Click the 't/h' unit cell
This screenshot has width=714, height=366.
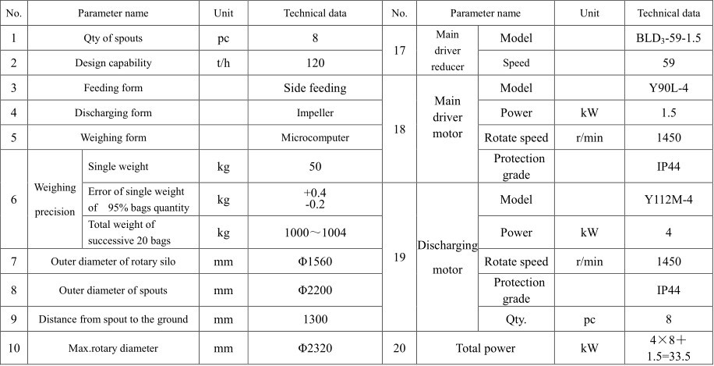click(224, 63)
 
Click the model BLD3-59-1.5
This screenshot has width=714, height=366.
click(669, 38)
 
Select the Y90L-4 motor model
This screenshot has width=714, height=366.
click(669, 88)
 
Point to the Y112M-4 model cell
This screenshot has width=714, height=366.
click(669, 199)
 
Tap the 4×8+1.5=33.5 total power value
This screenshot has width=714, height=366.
click(669, 348)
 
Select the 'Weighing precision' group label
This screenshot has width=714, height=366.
click(55, 199)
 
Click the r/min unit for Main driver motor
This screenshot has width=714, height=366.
click(590, 138)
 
